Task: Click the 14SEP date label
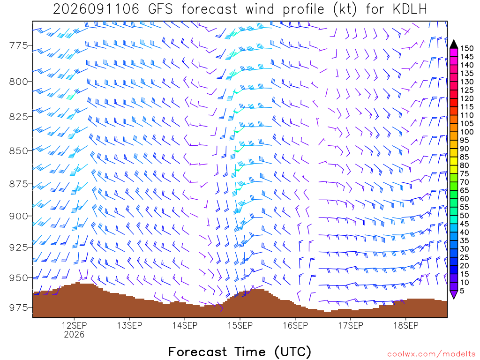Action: [185, 325]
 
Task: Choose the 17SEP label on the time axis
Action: [351, 325]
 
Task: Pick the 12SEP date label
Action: [74, 325]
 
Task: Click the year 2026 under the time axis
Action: [74, 334]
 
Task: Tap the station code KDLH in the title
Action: [410, 9]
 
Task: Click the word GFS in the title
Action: [160, 9]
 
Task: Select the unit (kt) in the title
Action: [345, 9]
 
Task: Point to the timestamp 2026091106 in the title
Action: [96, 9]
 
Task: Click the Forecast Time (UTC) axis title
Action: [240, 352]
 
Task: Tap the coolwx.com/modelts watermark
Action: [431, 354]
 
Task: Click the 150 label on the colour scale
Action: [467, 48]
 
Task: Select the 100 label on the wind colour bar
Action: [467, 132]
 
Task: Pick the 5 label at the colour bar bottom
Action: [462, 291]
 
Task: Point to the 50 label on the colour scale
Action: [465, 216]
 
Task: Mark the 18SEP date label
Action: [406, 325]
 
